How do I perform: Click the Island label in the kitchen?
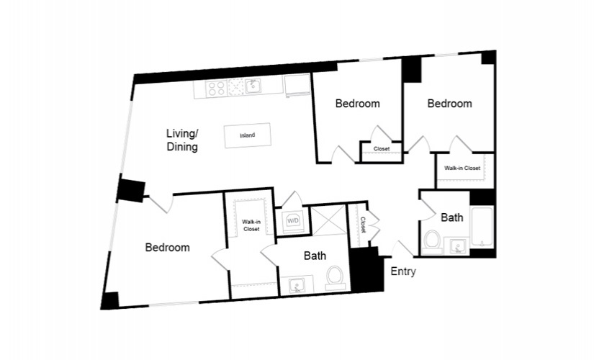[x=248, y=135]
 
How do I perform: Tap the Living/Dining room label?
[x=182, y=140]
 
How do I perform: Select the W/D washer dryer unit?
[x=293, y=220]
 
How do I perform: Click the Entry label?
[x=403, y=271]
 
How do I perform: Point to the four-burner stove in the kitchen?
[x=216, y=89]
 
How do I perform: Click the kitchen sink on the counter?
[x=252, y=87]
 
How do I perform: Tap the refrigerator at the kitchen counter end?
[x=298, y=86]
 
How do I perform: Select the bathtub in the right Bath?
[x=482, y=227]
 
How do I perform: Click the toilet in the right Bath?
[x=431, y=241]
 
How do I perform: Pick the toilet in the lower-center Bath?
[x=335, y=279]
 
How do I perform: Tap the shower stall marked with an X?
[x=329, y=220]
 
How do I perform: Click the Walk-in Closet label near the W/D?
[x=251, y=225]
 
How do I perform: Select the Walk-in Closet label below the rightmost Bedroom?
[x=462, y=168]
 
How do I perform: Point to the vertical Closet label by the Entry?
[x=363, y=225]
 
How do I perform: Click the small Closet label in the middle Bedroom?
[x=382, y=149]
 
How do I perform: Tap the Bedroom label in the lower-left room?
[x=168, y=248]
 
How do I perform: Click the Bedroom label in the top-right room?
[x=450, y=104]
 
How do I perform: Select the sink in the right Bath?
[x=457, y=247]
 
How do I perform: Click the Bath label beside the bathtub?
[x=452, y=217]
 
